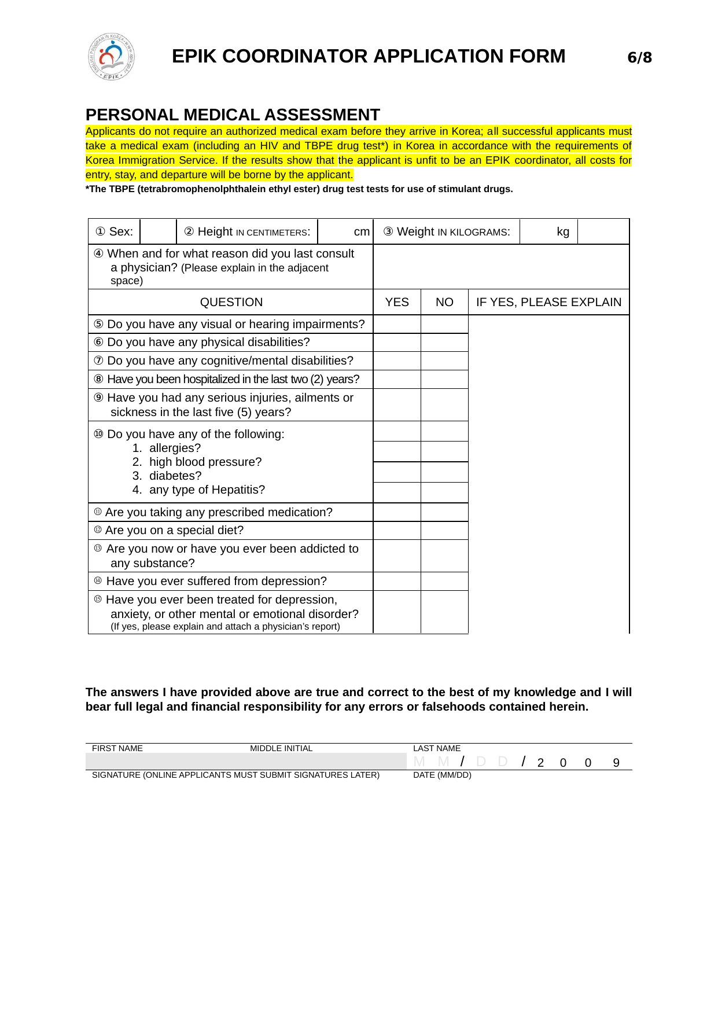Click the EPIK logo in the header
coord(112,57)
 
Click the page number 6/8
coord(639,57)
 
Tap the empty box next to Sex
coord(159,231)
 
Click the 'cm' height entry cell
coord(345,231)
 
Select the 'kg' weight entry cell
coord(548,231)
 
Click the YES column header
coord(397,302)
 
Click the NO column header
coord(444,302)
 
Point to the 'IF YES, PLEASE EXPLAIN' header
coord(548,302)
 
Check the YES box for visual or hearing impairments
coord(397,324)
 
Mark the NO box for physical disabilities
coord(444,343)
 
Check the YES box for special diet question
coord(397,531)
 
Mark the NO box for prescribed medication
coord(444,512)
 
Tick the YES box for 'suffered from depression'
coord(397,581)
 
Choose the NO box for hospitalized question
coord(444,380)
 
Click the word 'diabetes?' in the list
coord(175,476)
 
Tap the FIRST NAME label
coord(117,748)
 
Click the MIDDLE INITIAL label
coord(281,748)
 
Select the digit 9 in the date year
coord(616,763)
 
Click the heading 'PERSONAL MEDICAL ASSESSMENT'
coord(233,115)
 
